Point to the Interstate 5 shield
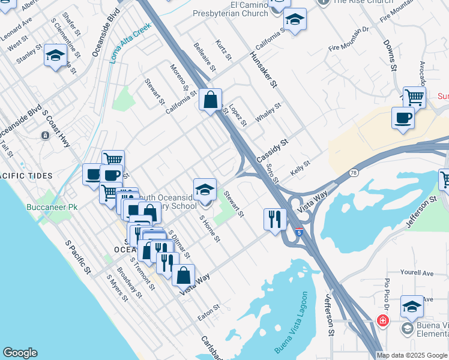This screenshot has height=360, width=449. [298, 231]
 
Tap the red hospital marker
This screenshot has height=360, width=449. [382, 321]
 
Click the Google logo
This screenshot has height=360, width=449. [20, 353]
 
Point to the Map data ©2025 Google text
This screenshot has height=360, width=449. [412, 355]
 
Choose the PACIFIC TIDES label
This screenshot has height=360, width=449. [25, 176]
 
